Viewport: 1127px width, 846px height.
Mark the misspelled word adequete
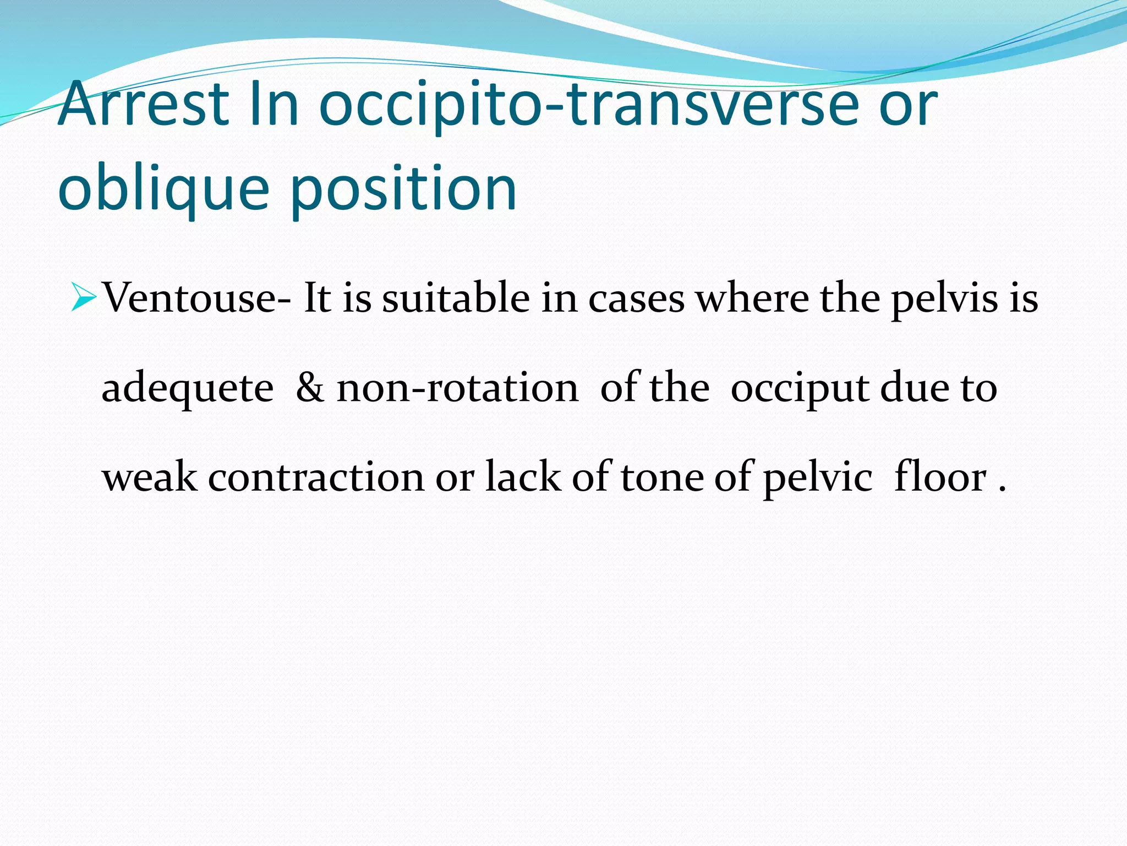(x=188, y=389)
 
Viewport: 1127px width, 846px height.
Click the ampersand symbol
(x=310, y=388)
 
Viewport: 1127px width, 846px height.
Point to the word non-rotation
(x=457, y=388)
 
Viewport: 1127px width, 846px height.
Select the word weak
(x=150, y=477)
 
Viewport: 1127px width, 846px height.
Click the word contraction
(x=316, y=477)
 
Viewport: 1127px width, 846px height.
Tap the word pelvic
(x=818, y=478)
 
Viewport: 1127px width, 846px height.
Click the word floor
(x=940, y=477)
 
